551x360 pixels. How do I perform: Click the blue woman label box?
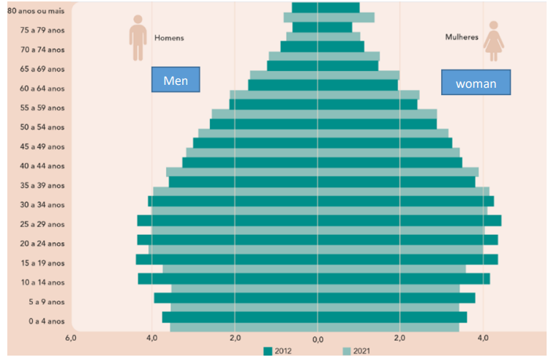(x=476, y=83)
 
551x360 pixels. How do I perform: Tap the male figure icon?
(x=138, y=39)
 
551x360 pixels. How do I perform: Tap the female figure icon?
(x=494, y=41)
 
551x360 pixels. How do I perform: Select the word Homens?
(x=169, y=37)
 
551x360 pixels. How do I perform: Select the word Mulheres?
(x=462, y=37)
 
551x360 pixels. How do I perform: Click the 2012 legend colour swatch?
(x=268, y=351)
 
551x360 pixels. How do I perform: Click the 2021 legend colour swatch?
(x=347, y=351)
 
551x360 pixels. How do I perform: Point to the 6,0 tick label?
(x=70, y=339)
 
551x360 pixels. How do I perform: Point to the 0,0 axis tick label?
(x=318, y=340)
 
